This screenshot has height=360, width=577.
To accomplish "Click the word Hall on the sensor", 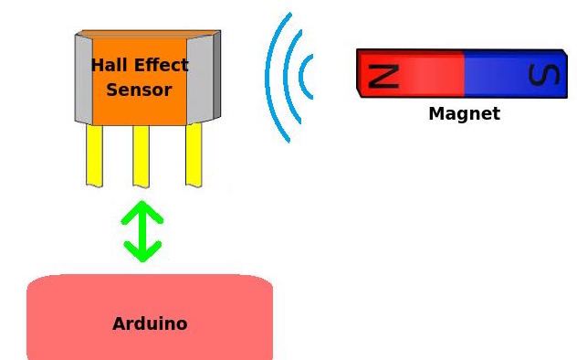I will click(110, 66).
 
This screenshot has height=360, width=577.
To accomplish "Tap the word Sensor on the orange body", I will click(139, 90).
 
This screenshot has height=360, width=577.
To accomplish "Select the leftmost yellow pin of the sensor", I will click(94, 154).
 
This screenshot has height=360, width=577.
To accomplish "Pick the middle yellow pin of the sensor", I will click(141, 154).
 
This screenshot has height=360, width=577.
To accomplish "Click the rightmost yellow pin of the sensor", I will click(194, 154).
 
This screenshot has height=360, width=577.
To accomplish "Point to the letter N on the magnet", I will click(383, 74).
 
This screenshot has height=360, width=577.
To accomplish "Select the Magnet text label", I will click(464, 114).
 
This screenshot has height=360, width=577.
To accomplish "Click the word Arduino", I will click(150, 323).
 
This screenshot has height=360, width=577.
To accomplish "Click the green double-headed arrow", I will click(142, 231).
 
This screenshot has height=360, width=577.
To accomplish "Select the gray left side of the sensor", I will click(83, 79).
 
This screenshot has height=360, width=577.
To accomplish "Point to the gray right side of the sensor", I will click(203, 77).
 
